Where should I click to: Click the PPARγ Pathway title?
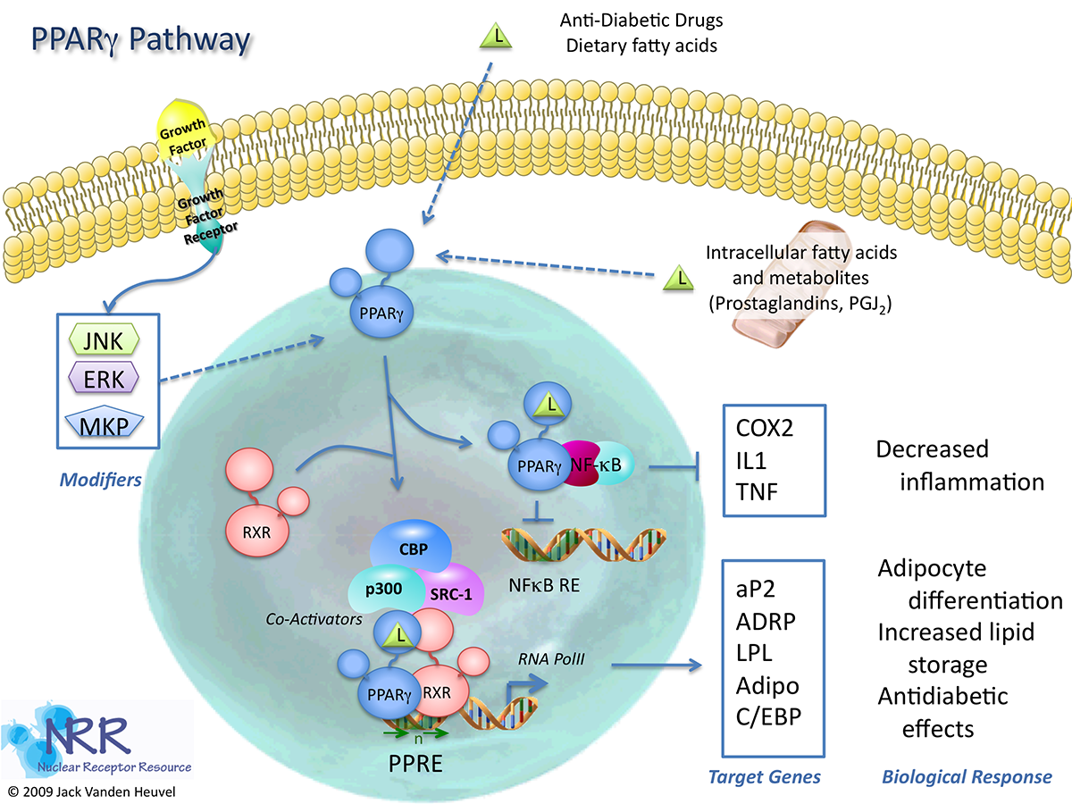(x=141, y=40)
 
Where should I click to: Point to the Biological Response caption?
(x=967, y=776)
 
